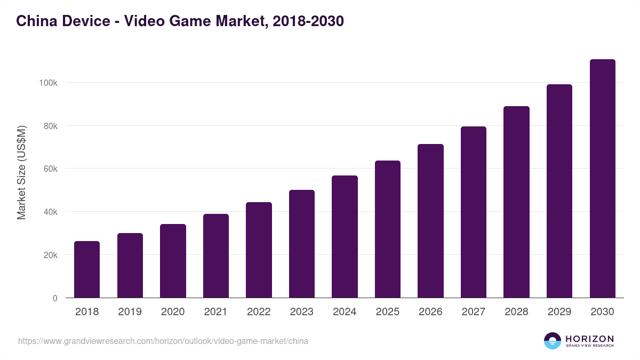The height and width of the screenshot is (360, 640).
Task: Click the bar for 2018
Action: (87, 269)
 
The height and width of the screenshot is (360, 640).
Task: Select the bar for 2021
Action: (216, 256)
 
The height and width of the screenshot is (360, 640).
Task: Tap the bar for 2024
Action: (345, 237)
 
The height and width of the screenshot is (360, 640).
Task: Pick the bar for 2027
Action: (474, 212)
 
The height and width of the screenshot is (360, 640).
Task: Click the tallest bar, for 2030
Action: (602, 179)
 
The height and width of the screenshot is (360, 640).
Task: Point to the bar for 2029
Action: (559, 191)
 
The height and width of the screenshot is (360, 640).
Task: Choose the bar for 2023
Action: (302, 244)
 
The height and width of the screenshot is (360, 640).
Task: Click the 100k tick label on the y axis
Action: (47, 83)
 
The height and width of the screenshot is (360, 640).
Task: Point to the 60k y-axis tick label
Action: (50, 169)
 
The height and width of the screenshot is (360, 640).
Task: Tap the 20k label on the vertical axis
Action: (50, 255)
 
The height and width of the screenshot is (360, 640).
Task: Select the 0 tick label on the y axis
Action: (55, 298)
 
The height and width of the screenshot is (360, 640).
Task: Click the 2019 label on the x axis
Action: (130, 312)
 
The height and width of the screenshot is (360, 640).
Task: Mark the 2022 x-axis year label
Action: (259, 312)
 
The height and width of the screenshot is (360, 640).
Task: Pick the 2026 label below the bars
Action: (430, 312)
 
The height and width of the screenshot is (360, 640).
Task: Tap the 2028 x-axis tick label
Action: (516, 312)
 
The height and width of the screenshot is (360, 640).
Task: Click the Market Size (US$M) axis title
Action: (21, 172)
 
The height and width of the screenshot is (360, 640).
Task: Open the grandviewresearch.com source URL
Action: (163, 341)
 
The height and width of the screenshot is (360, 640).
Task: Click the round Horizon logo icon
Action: (553, 341)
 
